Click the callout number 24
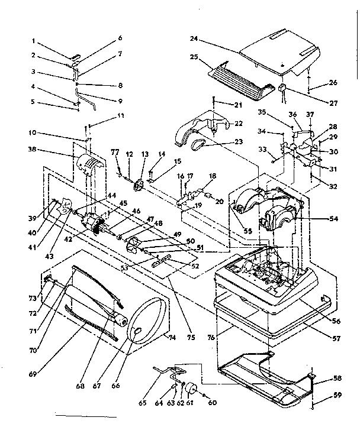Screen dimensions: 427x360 [x=193, y=39]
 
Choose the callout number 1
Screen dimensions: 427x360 [x=34, y=41]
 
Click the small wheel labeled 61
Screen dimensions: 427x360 [x=191, y=389]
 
